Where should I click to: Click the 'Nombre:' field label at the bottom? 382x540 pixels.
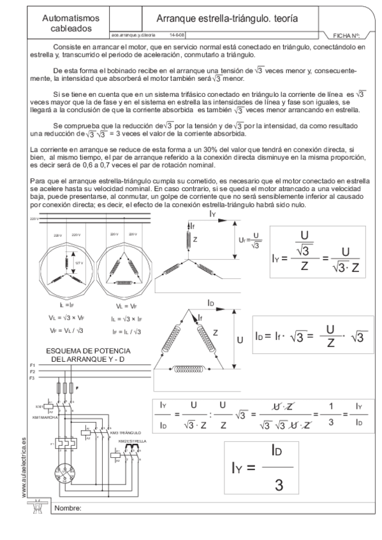(x=70, y=508)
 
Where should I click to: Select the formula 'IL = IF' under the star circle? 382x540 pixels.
(x=66, y=306)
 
